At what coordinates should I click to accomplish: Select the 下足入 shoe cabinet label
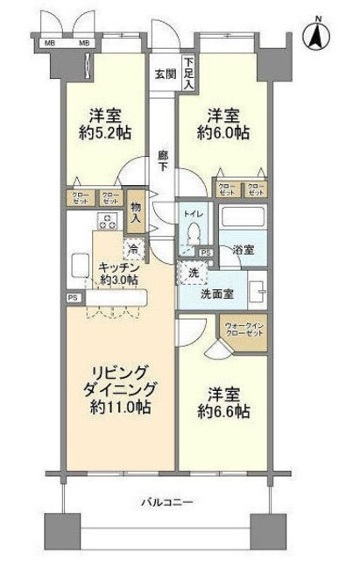click(x=188, y=73)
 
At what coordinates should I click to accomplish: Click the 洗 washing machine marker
click(x=193, y=272)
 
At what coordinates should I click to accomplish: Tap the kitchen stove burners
click(x=109, y=220)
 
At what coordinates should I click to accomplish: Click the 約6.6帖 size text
click(x=221, y=410)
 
